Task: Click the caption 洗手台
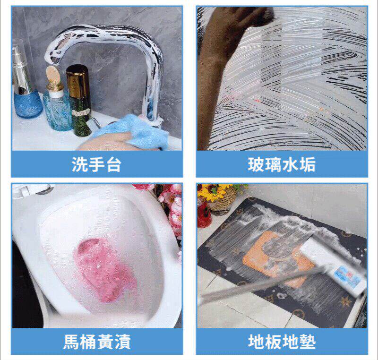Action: [96, 164]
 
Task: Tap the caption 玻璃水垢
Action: [282, 164]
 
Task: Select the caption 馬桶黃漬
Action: [97, 342]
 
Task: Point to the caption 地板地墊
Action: [282, 342]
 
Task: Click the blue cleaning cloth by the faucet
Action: [130, 133]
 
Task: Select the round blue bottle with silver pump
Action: [26, 82]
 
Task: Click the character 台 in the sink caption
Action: [113, 164]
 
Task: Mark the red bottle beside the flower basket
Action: [204, 214]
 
